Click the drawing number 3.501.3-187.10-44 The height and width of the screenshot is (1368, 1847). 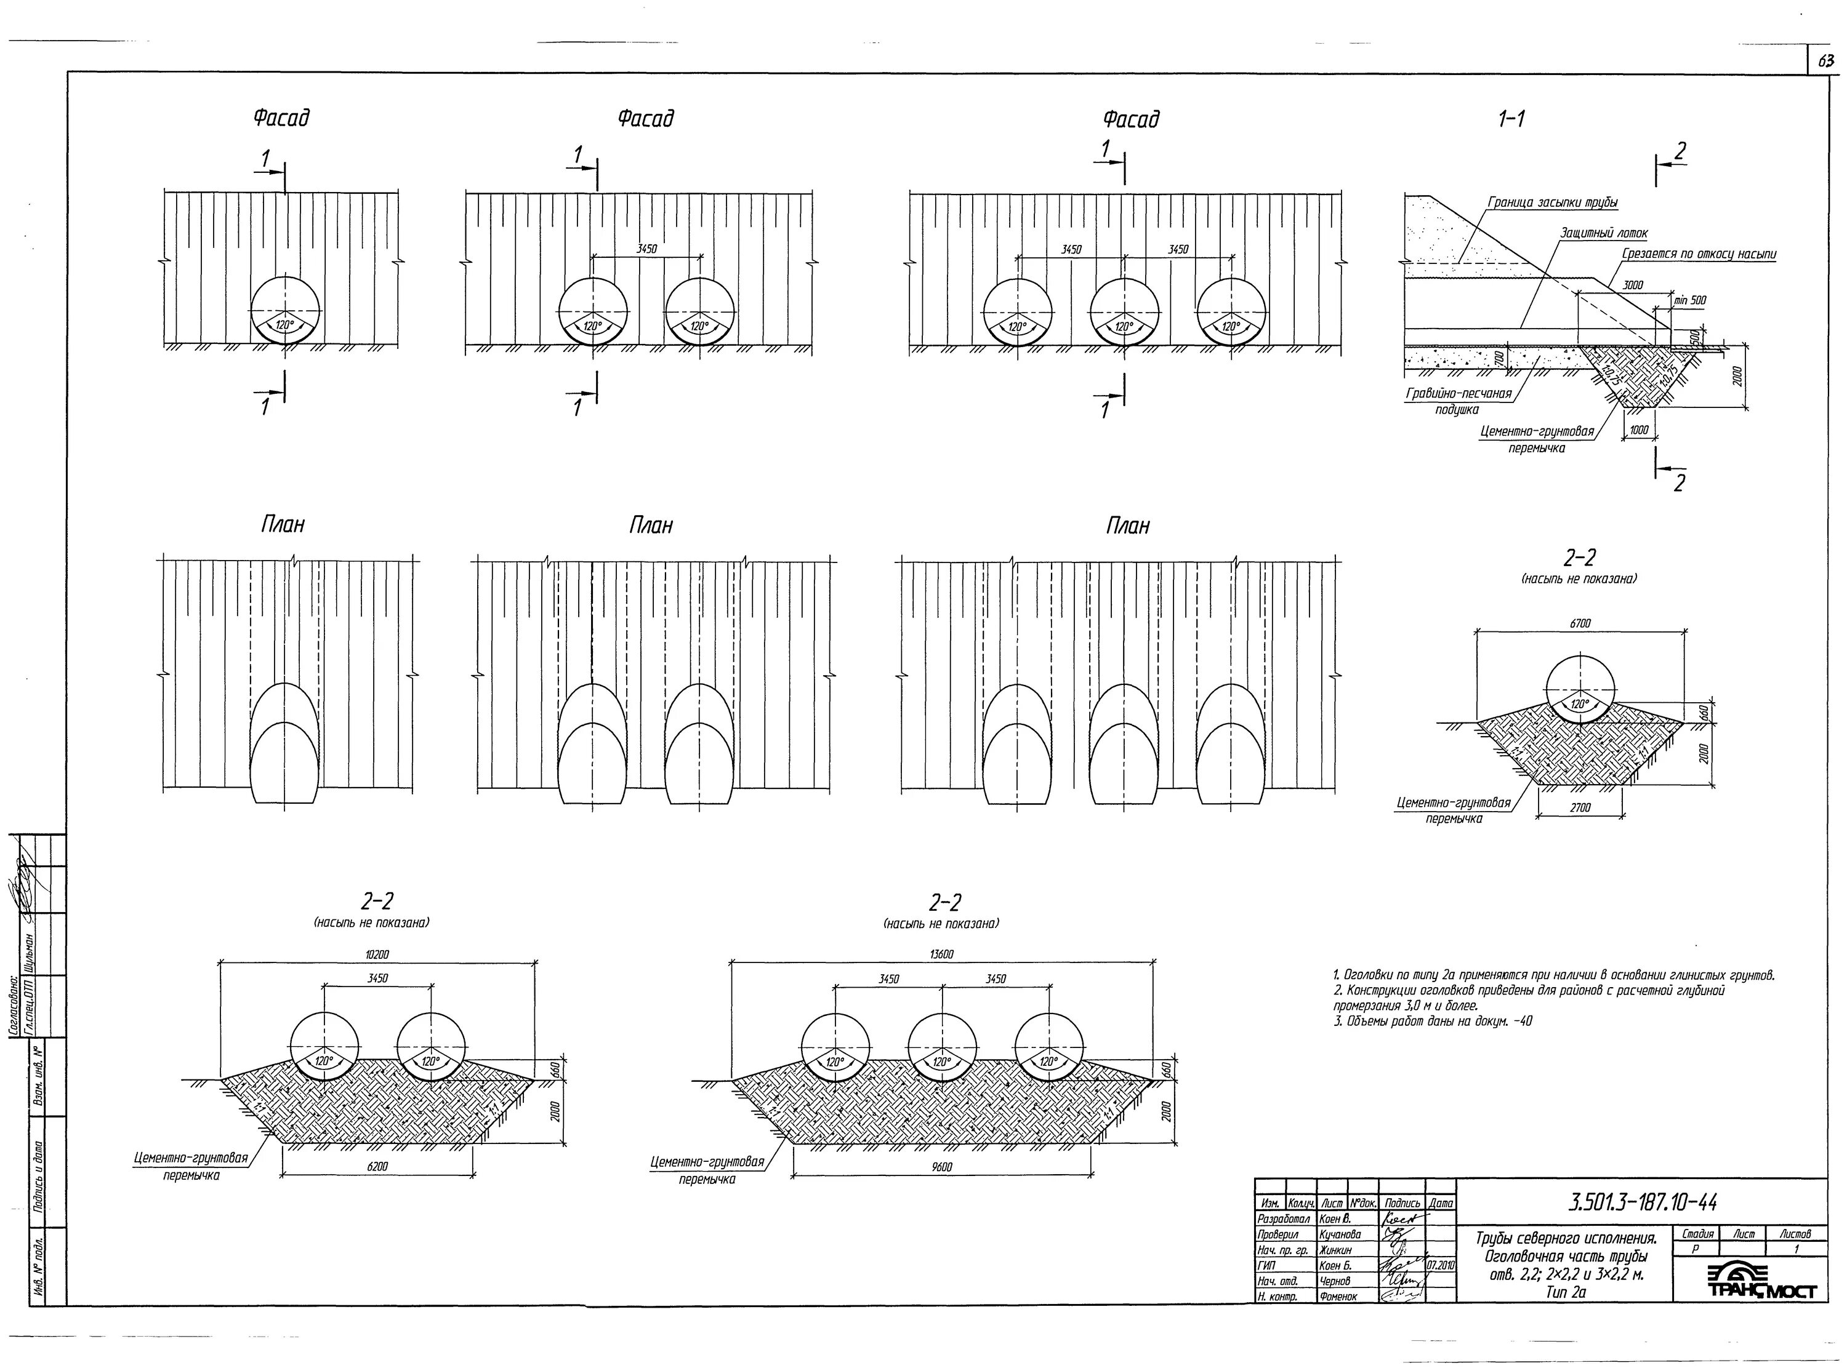point(1641,1201)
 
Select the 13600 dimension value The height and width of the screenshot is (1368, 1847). point(942,954)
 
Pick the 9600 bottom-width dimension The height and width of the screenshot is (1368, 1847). point(942,1167)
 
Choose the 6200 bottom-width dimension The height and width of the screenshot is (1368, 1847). point(377,1167)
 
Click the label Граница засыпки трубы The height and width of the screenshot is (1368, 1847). point(1552,202)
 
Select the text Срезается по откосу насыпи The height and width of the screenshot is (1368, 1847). point(1699,254)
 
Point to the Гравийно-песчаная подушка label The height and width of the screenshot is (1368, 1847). point(1459,401)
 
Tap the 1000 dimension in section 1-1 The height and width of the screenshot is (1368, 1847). point(1638,430)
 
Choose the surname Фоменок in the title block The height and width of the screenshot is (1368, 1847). point(1338,1297)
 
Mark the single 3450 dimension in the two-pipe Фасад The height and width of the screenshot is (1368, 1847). point(647,249)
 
